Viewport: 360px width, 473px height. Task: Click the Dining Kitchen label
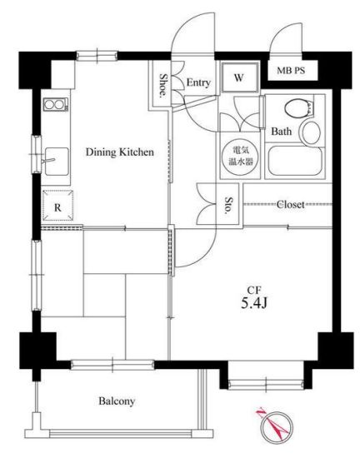click(x=120, y=152)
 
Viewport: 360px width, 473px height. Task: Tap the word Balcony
click(x=117, y=401)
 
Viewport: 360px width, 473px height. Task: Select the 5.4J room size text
click(x=254, y=303)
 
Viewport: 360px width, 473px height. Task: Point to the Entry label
click(x=198, y=82)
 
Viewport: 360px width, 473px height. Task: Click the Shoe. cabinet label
click(x=163, y=85)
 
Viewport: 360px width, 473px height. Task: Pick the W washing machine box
click(x=240, y=77)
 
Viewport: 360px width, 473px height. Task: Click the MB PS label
click(x=291, y=71)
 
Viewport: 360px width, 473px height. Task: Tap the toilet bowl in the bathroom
click(x=298, y=108)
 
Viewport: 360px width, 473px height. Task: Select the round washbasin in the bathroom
click(x=311, y=132)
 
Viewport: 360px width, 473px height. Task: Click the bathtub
click(x=295, y=161)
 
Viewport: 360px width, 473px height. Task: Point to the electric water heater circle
click(x=240, y=156)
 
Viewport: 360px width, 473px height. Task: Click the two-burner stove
click(x=55, y=105)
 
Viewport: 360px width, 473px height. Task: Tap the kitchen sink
click(x=57, y=162)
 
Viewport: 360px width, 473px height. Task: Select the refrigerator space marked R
click(x=57, y=206)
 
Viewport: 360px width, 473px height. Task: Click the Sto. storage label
click(x=229, y=206)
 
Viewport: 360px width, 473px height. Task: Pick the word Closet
click(x=290, y=205)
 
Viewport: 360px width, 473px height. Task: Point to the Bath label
click(x=281, y=132)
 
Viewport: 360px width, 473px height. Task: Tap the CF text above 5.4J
click(x=254, y=290)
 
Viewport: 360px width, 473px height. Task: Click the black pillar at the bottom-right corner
click(x=335, y=350)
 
